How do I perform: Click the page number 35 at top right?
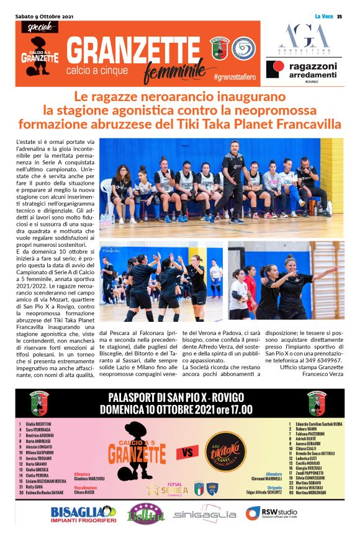[339, 16]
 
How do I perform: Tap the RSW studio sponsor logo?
[271, 514]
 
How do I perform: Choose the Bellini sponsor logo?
[144, 514]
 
